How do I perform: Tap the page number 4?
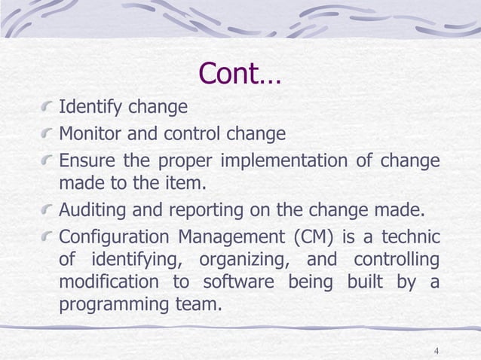[437, 351]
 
